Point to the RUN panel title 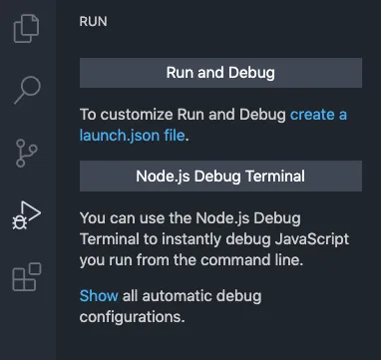click(94, 20)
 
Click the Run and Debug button click(219, 73)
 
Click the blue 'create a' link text click(318, 115)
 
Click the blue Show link click(98, 296)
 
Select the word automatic click(183, 296)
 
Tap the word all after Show click(133, 296)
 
